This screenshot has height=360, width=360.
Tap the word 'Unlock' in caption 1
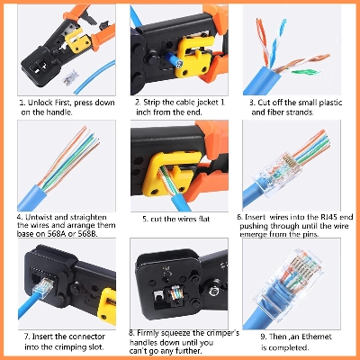(40, 103)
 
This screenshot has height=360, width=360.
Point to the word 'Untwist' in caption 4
(44, 217)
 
